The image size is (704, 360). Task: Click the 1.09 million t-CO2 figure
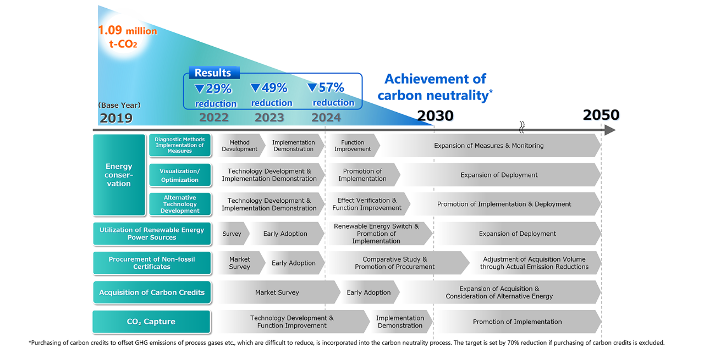tap(127, 37)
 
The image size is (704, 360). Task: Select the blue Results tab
tap(213, 73)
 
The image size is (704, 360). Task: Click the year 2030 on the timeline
tap(435, 116)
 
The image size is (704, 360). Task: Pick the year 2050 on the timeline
tap(601, 115)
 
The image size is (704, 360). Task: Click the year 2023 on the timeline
tap(269, 118)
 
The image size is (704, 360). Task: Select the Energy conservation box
tap(119, 175)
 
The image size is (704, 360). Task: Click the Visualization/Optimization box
tap(180, 175)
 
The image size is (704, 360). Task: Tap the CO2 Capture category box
tap(151, 322)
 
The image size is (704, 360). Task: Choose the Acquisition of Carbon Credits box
tap(152, 292)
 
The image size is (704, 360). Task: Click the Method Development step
tap(239, 146)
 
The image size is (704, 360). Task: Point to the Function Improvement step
tap(353, 146)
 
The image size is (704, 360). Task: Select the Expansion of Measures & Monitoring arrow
tap(488, 146)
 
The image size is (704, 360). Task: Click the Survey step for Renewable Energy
tap(232, 234)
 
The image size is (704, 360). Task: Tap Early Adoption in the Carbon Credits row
tap(369, 292)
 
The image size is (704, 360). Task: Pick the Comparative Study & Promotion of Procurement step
tap(394, 263)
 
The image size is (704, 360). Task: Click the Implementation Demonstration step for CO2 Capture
tap(400, 322)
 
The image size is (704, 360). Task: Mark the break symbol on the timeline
tap(521, 128)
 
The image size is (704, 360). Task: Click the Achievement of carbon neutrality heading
tap(435, 87)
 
